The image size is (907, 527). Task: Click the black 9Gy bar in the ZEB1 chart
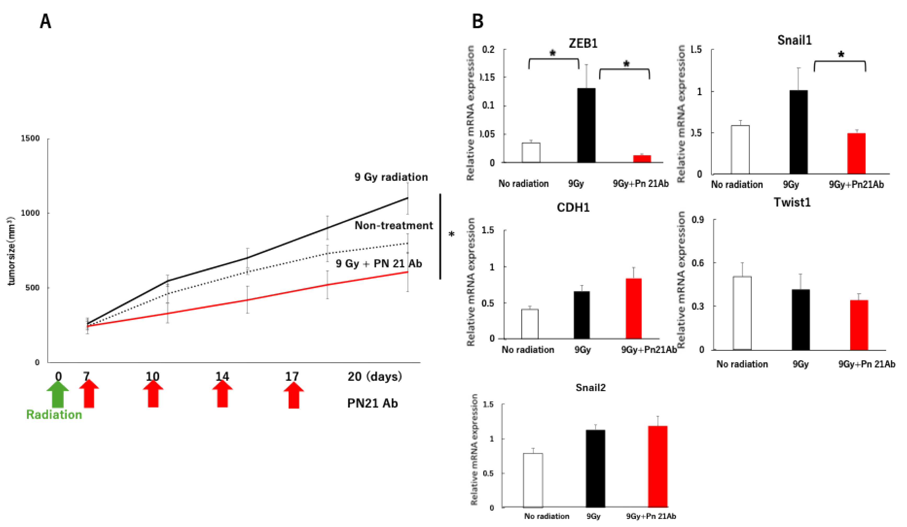coord(586,125)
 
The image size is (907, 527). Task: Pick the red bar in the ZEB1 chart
coord(642,158)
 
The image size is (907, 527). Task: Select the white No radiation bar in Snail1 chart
coord(740,150)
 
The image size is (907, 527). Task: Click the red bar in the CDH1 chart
coord(633,308)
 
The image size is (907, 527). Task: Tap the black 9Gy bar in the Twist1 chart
coord(801,320)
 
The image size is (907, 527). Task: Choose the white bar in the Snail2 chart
coord(533,480)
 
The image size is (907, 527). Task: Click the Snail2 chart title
coord(591,388)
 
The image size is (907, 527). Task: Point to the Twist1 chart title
coord(792,202)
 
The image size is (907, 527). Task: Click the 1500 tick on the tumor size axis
coord(30,139)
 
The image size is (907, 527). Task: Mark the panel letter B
coord(478,22)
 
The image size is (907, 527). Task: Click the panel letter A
coord(45,22)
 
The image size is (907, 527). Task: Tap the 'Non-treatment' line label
coord(394,225)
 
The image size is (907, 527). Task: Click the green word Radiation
coord(54,415)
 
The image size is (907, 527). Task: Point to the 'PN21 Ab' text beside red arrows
coord(372,403)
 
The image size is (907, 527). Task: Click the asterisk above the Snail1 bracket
coord(841,55)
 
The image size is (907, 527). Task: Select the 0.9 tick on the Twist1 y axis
coord(698,220)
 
